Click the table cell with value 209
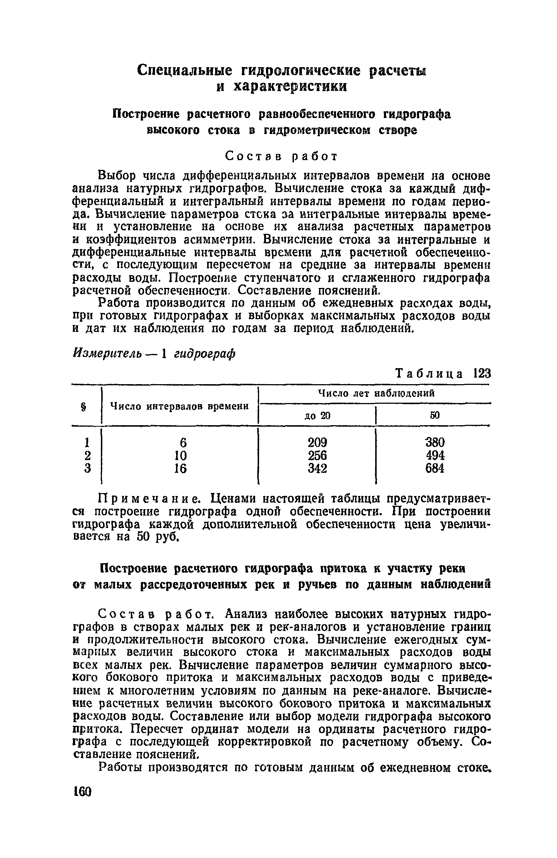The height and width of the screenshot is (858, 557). click(317, 443)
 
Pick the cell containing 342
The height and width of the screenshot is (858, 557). click(317, 469)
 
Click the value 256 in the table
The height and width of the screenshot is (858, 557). click(317, 456)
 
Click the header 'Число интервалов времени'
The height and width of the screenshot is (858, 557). click(180, 406)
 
